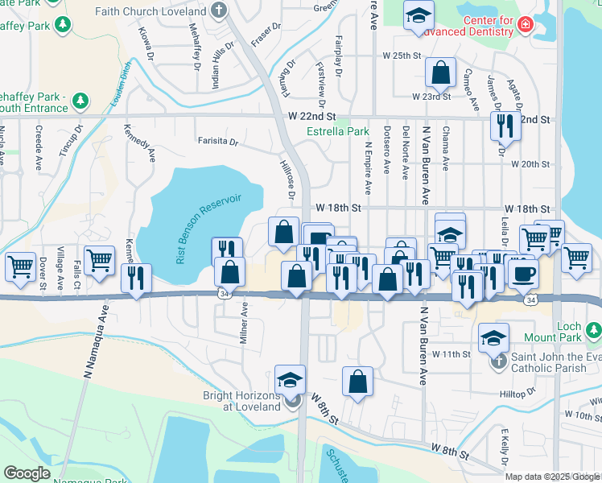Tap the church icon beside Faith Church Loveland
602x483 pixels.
coord(221,12)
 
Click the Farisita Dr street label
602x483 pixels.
coord(218,142)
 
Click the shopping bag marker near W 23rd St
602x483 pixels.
coord(441,73)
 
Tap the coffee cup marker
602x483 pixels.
coord(523,273)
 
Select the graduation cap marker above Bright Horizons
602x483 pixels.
coord(291,378)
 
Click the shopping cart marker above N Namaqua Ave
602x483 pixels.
coord(99,259)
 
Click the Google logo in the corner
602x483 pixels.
coord(27,473)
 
